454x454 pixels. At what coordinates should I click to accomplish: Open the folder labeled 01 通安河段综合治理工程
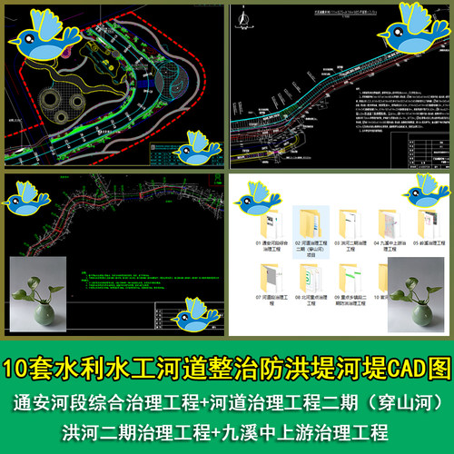(x=270, y=227)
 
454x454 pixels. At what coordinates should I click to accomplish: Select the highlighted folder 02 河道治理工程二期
(x=308, y=227)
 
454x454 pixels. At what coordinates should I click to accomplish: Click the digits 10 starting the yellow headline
(x=20, y=370)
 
